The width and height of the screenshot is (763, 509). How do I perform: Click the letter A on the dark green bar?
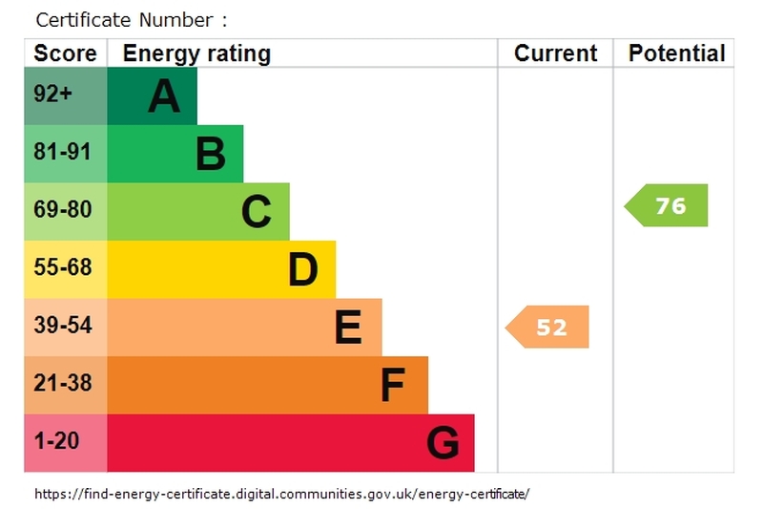click(164, 95)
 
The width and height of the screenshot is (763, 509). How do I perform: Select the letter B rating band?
click(175, 154)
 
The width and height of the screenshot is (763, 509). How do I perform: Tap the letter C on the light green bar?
click(256, 211)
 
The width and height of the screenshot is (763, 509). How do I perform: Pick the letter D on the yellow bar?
click(302, 269)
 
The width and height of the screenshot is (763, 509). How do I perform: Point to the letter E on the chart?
click(348, 327)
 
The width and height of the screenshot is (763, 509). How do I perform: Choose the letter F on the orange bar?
click(393, 385)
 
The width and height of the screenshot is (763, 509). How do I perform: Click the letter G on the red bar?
click(443, 443)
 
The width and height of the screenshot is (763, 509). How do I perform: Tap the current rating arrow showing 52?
click(546, 327)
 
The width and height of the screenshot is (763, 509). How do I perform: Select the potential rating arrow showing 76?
click(666, 205)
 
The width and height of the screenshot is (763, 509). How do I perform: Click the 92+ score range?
click(52, 93)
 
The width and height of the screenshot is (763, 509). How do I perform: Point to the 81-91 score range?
click(62, 152)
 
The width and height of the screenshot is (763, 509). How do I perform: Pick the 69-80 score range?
click(63, 209)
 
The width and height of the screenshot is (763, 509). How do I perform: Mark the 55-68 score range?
click(63, 267)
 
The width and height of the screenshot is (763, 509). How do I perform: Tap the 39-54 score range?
click(63, 325)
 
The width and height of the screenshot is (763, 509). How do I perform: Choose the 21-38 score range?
click(63, 383)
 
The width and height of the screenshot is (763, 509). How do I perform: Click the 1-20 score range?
click(56, 441)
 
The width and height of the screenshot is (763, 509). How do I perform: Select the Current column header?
click(555, 53)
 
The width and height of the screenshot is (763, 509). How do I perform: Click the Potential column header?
click(677, 53)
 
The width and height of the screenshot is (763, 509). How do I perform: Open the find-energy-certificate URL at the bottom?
click(281, 494)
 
